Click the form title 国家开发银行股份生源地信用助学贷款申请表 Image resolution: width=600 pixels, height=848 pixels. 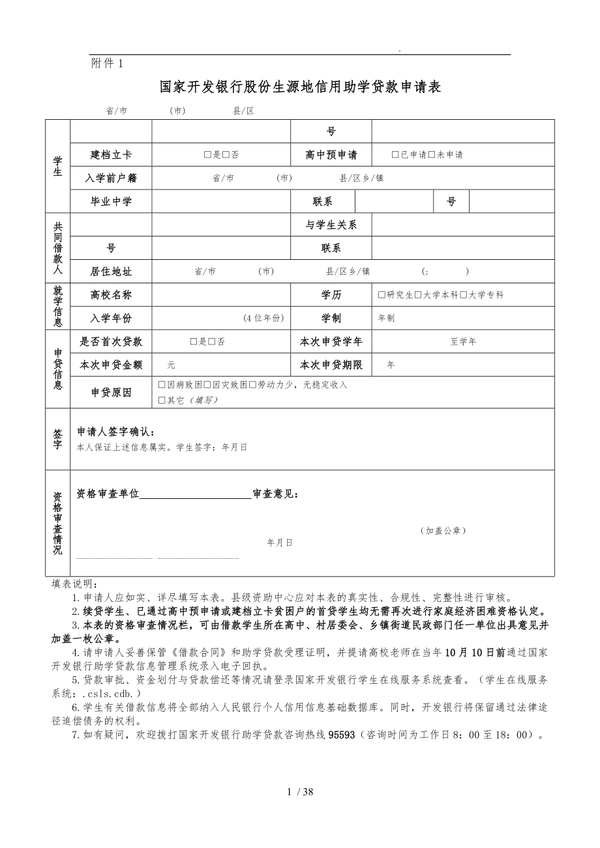coord(301,87)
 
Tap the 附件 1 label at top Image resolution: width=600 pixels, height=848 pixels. coord(108,63)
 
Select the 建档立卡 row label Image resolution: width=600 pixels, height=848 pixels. coord(111,155)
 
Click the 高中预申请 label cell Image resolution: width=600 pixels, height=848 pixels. coord(331,155)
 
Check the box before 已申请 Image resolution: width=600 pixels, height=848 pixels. coord(395,155)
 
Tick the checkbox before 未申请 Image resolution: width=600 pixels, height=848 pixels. coord(431,155)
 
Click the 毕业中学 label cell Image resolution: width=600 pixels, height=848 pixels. coord(111,201)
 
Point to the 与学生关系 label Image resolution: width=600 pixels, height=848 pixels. coord(331,225)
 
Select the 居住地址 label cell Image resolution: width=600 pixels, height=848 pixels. coord(111,272)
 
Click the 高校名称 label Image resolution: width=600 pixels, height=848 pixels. coord(111,295)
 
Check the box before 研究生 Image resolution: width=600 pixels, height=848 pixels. coord(382,295)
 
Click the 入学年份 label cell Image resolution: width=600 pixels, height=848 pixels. coord(111,318)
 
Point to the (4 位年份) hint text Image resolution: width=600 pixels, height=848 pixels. coord(264,318)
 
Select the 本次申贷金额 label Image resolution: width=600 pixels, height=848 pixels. coord(111,365)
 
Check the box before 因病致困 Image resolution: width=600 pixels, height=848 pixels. coord(162,385)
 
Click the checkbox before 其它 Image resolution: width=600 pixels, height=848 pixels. coord(162,400)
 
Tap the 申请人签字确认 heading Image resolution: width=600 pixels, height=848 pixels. coord(116,432)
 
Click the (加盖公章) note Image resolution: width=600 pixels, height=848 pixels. coord(443,530)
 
